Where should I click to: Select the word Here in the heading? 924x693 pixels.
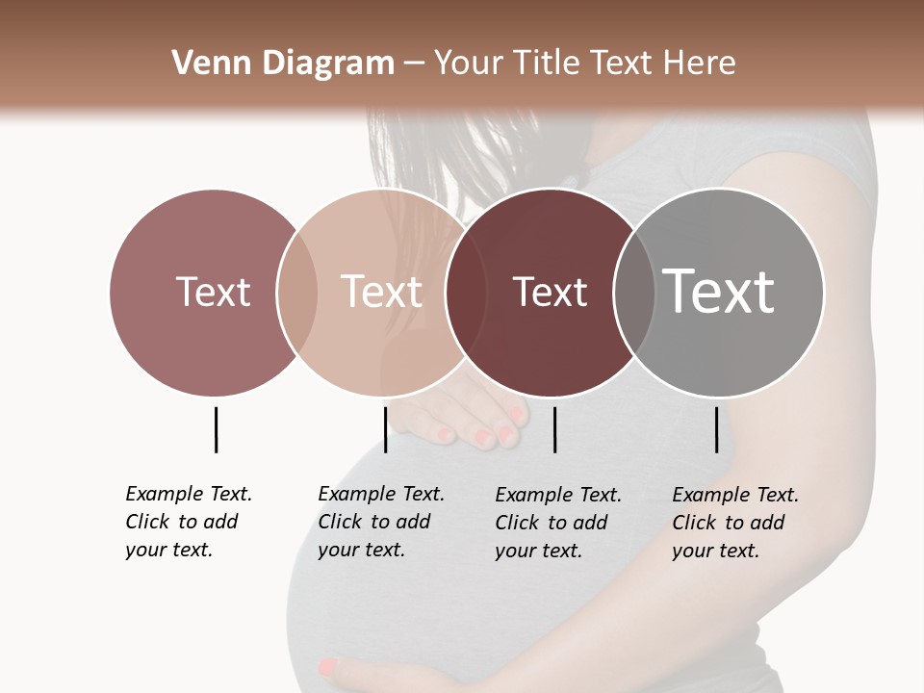[x=700, y=64]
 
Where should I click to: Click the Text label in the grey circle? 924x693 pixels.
[x=718, y=291]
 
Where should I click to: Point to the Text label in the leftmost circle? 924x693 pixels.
[x=213, y=292]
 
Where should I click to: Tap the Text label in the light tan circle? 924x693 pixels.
[x=381, y=292]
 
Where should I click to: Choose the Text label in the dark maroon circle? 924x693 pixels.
[x=550, y=292]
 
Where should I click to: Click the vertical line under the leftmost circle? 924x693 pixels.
[x=216, y=429]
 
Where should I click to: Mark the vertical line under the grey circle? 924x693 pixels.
[x=716, y=429]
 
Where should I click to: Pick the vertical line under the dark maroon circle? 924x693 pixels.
[x=554, y=429]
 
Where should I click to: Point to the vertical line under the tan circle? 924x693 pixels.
[x=385, y=429]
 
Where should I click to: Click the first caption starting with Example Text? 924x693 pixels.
[x=189, y=522]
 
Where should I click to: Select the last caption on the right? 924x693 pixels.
[x=735, y=523]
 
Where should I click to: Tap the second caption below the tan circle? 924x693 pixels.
[x=381, y=522]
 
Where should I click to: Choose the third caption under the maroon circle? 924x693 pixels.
[x=558, y=523]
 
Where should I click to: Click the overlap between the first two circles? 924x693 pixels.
[x=297, y=292]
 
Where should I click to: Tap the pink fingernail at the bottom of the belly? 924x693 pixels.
[x=328, y=665]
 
